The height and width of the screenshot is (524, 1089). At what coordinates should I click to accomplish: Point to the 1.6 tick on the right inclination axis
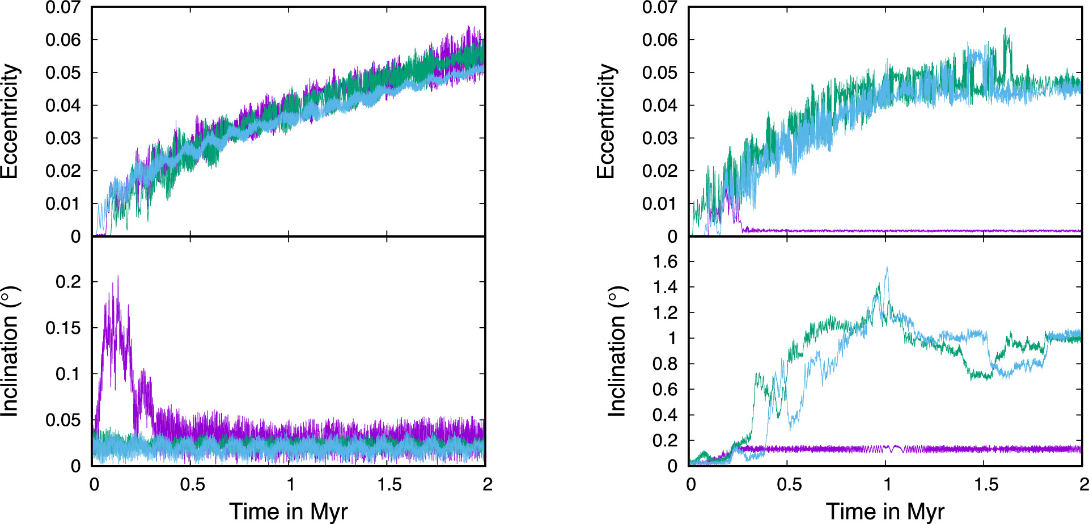(x=665, y=261)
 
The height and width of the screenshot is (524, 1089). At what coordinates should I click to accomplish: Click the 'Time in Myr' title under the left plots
(x=288, y=511)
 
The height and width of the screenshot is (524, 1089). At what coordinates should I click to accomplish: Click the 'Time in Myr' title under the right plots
(x=885, y=511)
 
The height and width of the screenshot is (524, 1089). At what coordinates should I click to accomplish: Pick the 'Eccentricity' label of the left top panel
(x=10, y=121)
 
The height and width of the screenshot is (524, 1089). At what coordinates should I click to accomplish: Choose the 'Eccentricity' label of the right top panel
(x=607, y=121)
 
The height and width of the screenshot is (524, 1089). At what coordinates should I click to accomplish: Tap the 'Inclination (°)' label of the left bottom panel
(x=10, y=352)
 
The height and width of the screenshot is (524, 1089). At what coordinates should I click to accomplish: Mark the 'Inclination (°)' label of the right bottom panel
(x=617, y=352)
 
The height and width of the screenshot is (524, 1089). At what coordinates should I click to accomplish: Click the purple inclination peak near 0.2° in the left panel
(x=118, y=277)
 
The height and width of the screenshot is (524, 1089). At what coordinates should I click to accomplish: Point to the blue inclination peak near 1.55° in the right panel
(x=887, y=268)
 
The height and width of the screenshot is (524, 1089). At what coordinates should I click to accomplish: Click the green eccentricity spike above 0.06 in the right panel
(x=1005, y=29)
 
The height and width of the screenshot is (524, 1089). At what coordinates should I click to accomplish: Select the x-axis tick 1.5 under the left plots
(x=389, y=484)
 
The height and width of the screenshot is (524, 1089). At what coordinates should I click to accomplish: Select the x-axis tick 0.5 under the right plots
(x=789, y=484)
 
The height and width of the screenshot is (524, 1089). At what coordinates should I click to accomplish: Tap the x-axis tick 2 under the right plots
(x=1083, y=484)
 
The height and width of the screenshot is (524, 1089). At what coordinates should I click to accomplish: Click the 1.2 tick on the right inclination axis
(x=665, y=312)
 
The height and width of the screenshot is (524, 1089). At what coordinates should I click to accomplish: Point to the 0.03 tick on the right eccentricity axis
(x=659, y=138)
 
